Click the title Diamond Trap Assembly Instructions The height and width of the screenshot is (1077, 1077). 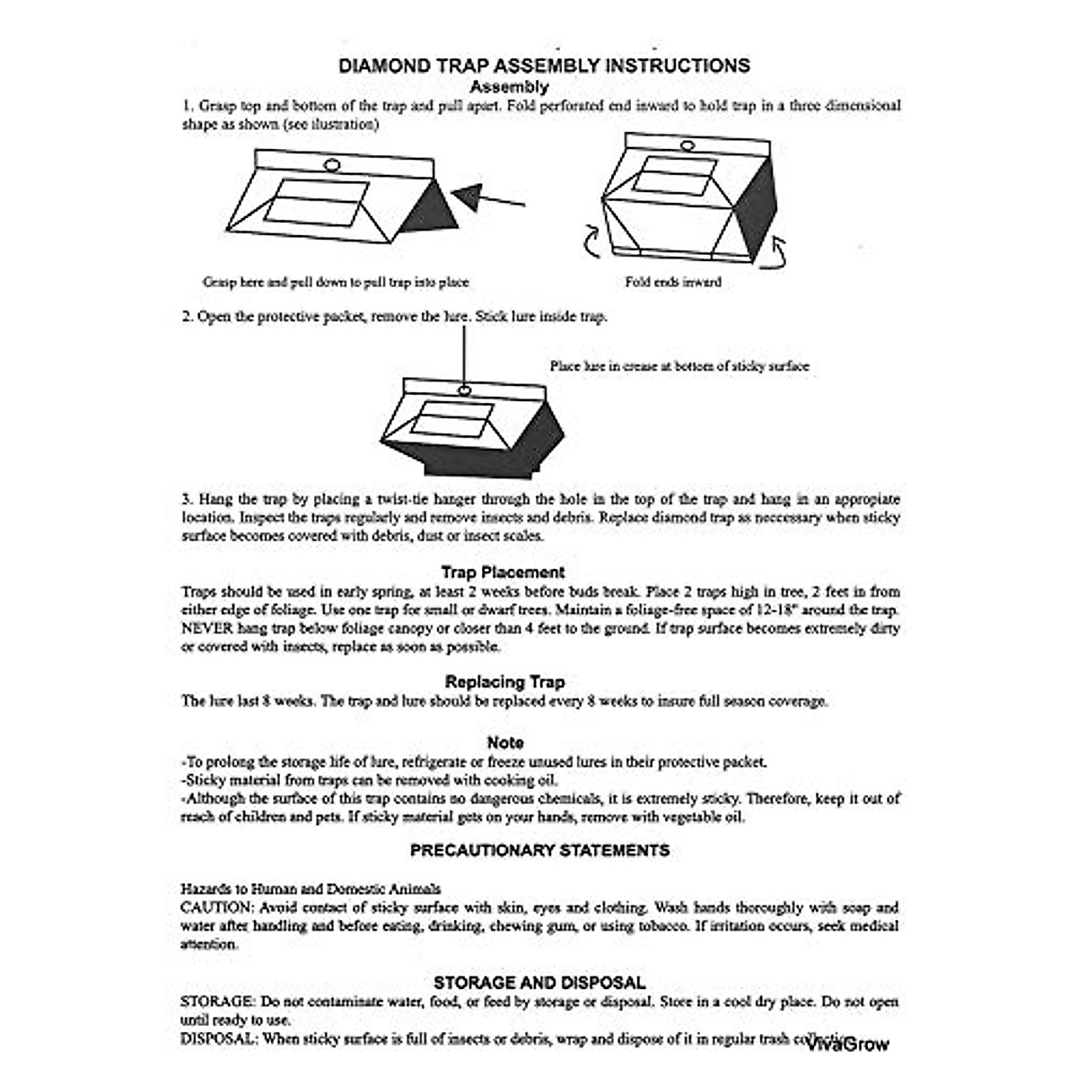click(544, 66)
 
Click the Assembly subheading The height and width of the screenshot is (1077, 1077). click(509, 87)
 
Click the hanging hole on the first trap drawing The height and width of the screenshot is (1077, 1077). click(331, 166)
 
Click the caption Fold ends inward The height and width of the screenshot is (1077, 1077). click(673, 282)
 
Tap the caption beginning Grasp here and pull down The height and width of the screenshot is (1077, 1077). click(336, 282)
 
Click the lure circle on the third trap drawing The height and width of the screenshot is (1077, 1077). click(465, 390)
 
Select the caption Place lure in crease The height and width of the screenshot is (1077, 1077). click(679, 366)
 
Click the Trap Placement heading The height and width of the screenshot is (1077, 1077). click(503, 572)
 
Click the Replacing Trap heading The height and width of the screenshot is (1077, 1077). click(504, 682)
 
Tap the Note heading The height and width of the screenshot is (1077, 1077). click(505, 742)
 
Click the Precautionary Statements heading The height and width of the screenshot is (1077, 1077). click(539, 850)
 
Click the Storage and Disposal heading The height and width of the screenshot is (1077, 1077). click(539, 983)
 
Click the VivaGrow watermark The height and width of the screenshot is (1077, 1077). click(847, 1044)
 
